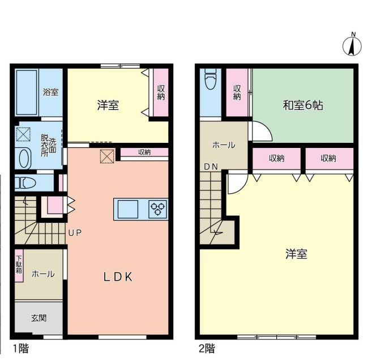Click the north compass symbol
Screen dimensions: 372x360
click(352, 45)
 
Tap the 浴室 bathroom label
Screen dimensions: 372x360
click(51, 92)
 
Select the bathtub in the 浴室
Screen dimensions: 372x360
click(27, 92)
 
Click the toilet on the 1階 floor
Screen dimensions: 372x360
click(25, 183)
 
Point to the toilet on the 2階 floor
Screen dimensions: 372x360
click(211, 78)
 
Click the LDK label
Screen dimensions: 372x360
click(118, 277)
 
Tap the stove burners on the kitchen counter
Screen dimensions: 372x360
click(158, 209)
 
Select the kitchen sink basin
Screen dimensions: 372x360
click(128, 209)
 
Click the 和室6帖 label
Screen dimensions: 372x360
click(303, 105)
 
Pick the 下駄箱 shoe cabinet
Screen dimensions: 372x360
click(19, 265)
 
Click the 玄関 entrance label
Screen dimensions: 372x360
click(39, 318)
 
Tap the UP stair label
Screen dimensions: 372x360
click(75, 232)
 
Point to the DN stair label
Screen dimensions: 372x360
click(211, 167)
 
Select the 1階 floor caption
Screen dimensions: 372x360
click(21, 349)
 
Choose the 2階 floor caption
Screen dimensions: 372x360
click(207, 349)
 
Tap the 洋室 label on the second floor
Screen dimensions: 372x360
click(296, 254)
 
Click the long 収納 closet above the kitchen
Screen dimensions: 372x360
click(144, 152)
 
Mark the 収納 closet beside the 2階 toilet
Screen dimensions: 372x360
click(237, 92)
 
